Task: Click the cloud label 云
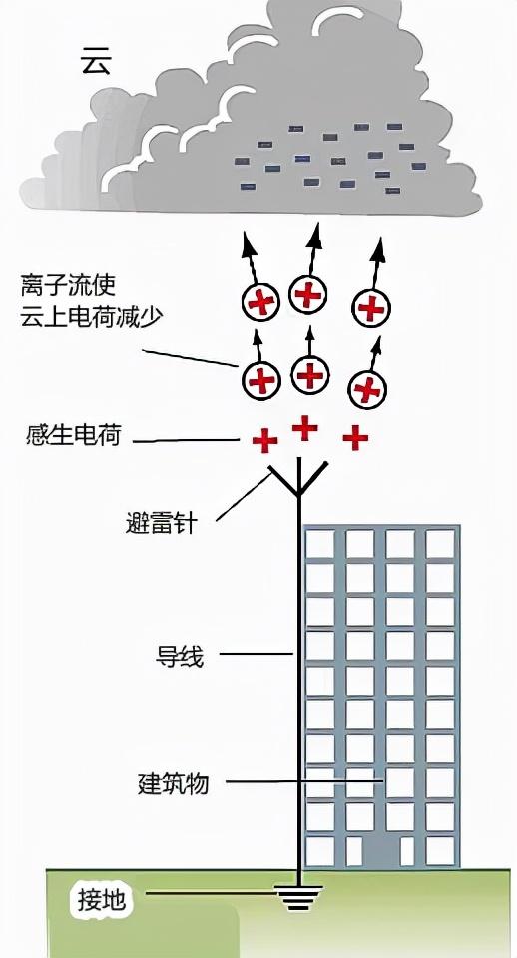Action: coord(96,63)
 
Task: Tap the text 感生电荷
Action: coord(73,435)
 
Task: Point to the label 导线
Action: coord(180,656)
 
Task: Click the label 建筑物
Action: coord(173,783)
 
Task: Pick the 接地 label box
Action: coord(103,900)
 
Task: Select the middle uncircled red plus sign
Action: coord(304,428)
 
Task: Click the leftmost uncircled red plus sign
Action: coord(264,440)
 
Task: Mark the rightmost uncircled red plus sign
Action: coord(355,437)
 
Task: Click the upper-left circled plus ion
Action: coord(261,302)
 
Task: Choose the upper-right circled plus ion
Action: coord(371,308)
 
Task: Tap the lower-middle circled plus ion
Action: coord(310,374)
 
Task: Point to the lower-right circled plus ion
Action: coord(368,387)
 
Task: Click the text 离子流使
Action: coord(68,286)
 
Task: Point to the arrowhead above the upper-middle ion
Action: coord(315,235)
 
